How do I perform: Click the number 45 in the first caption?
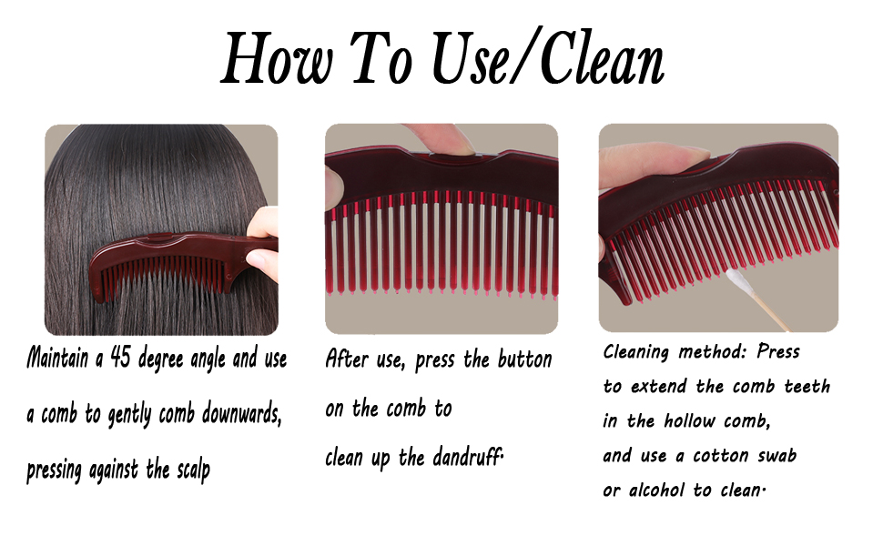tap(121, 358)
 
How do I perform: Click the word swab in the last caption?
tap(774, 455)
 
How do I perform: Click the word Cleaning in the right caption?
tap(635, 352)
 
